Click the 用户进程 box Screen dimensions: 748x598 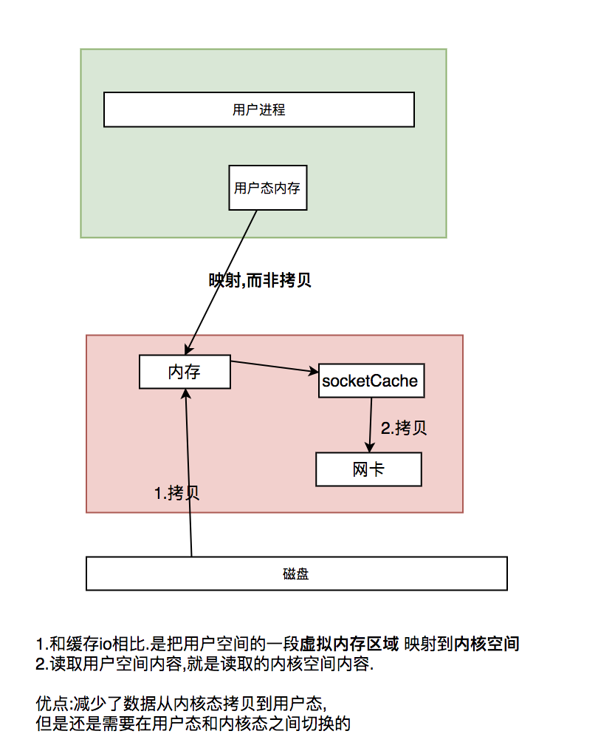pyautogui.click(x=258, y=109)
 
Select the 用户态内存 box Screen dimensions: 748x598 pyautogui.click(x=267, y=188)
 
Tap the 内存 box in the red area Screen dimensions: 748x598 pyautogui.click(x=185, y=372)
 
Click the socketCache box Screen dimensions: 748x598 pyautogui.click(x=370, y=381)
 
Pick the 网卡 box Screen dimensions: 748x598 pyautogui.click(x=368, y=469)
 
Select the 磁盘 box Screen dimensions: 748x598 pyautogui.click(x=296, y=574)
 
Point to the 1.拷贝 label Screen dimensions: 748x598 pyautogui.click(x=176, y=493)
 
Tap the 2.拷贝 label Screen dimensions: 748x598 pyautogui.click(x=403, y=427)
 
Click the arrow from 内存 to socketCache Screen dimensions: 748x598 pyautogui.click(x=275, y=367)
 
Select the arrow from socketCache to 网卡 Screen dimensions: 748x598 pyautogui.click(x=370, y=424)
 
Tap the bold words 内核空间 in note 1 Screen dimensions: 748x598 pyautogui.click(x=487, y=644)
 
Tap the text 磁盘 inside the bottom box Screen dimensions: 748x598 pyautogui.click(x=296, y=574)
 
